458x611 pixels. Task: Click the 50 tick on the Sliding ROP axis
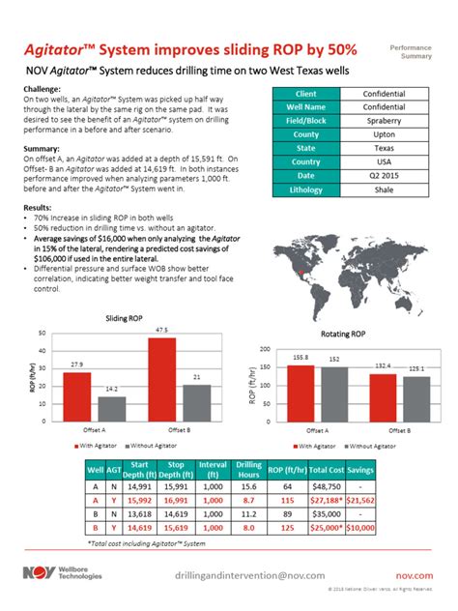[x=40, y=334]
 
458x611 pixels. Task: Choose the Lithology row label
[x=306, y=189]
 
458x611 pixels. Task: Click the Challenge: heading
[x=42, y=88]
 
